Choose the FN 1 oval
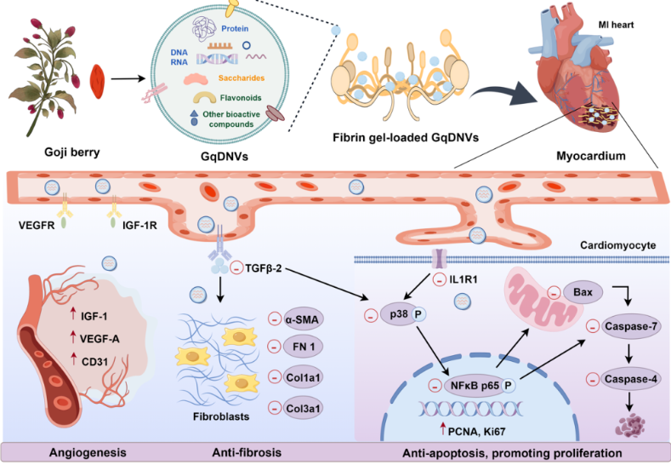pyautogui.click(x=305, y=347)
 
